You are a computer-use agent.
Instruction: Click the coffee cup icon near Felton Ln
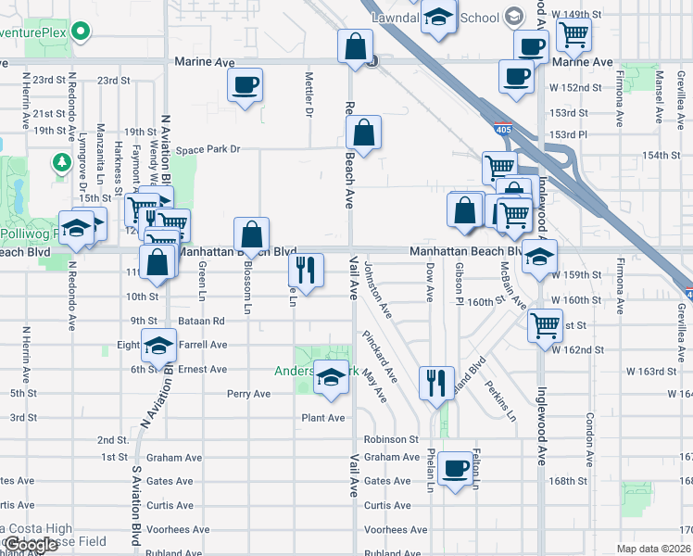(455, 469)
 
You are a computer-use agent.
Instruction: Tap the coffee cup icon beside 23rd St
(246, 85)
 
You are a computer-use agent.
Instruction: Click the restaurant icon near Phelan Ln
(436, 382)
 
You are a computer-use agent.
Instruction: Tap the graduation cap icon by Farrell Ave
(158, 345)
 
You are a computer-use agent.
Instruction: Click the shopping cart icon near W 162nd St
(545, 325)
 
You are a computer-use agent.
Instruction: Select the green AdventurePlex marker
(82, 32)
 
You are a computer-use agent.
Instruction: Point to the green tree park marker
(62, 163)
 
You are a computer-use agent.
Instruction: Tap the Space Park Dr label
(208, 149)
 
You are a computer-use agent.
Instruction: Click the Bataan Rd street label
(205, 321)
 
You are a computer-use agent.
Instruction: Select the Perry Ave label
(248, 394)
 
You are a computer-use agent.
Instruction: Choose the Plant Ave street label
(322, 418)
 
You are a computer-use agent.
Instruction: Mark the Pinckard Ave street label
(380, 356)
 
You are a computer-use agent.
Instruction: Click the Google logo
(31, 544)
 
